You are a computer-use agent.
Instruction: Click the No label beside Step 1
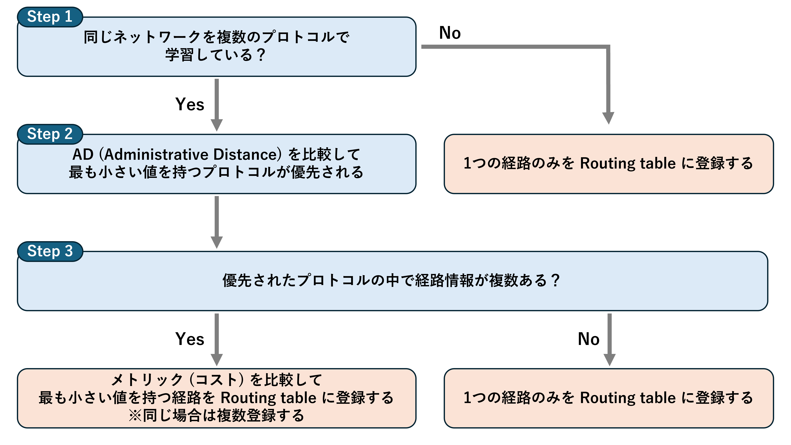(x=450, y=33)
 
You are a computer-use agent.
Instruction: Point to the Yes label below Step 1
(x=190, y=104)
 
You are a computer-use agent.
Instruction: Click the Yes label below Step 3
(x=190, y=339)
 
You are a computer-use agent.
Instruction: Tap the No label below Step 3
(x=589, y=339)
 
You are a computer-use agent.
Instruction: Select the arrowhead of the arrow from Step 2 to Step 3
(x=217, y=242)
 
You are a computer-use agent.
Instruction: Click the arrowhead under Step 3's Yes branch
(x=217, y=360)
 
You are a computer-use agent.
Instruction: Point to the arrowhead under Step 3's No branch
(x=610, y=360)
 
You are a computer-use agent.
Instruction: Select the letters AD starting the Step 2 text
(x=83, y=154)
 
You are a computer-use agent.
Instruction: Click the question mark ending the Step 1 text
(x=261, y=55)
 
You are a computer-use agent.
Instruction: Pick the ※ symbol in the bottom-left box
(x=135, y=416)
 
